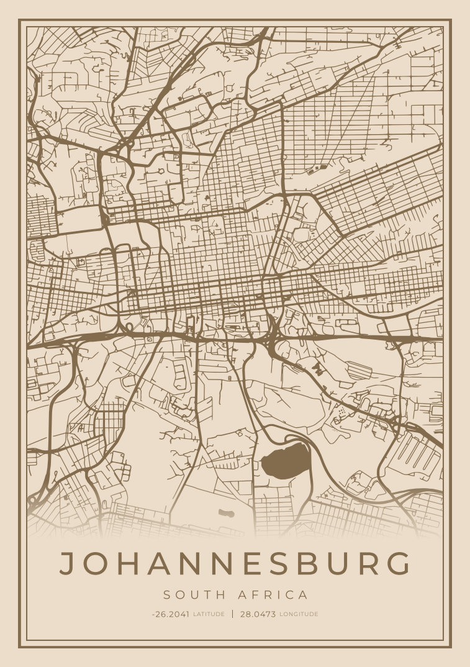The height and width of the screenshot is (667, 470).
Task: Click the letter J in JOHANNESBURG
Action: [68, 563]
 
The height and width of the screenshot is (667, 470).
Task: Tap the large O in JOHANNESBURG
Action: [98, 563]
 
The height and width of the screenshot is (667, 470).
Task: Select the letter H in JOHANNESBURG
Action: [132, 563]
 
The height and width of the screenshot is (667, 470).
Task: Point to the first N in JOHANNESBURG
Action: [199, 563]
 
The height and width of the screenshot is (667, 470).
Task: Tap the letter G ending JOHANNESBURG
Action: [395, 563]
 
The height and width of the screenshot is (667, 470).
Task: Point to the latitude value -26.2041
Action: [171, 614]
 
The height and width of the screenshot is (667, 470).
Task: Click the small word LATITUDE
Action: [209, 614]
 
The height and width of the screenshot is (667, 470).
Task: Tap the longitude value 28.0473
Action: [258, 614]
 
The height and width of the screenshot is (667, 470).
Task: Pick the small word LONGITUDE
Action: [299, 614]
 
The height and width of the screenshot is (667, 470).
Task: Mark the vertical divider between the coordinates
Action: [233, 614]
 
